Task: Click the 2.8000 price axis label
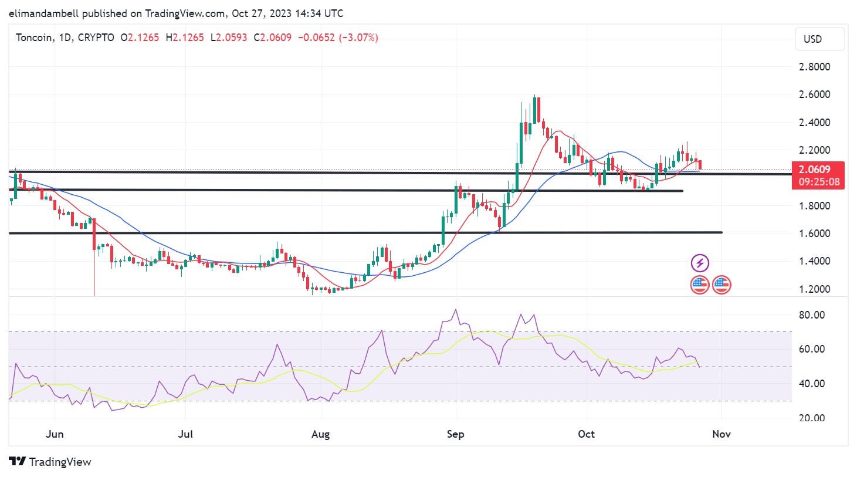point(814,67)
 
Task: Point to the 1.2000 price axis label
point(814,289)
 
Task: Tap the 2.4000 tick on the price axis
point(814,123)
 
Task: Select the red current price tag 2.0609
point(815,170)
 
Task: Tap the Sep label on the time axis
point(455,434)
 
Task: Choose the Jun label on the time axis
point(55,434)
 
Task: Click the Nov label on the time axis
point(721,434)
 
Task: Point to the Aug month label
point(320,434)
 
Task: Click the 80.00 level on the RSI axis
point(812,315)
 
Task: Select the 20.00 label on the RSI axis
point(812,418)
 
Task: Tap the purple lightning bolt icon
point(700,263)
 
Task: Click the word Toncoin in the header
point(35,38)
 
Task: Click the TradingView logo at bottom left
point(50,462)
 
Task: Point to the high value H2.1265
point(185,38)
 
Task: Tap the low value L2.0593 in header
point(229,38)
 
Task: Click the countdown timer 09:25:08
point(819,182)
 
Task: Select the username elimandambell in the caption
point(44,13)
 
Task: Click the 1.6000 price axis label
point(814,234)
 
